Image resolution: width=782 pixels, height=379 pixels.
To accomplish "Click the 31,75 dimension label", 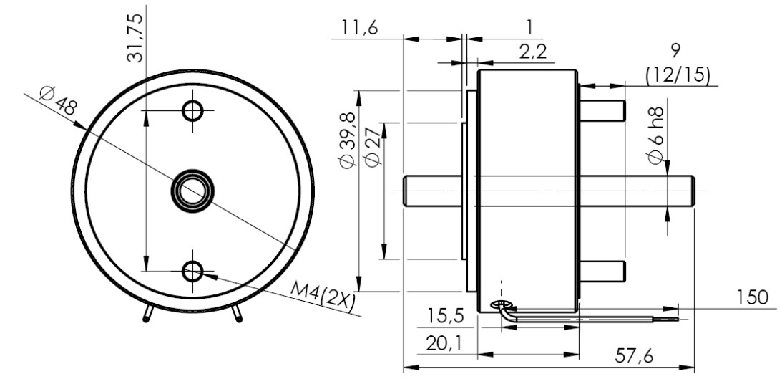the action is tap(135, 37).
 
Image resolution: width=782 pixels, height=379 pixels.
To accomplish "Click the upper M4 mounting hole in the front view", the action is tap(192, 110).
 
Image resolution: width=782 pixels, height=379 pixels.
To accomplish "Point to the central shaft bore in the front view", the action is tap(192, 191).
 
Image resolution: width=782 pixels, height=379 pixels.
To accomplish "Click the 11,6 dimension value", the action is tap(360, 27).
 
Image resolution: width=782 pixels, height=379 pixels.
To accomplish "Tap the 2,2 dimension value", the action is tap(532, 52).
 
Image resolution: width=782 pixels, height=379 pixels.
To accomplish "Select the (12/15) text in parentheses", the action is tap(678, 75).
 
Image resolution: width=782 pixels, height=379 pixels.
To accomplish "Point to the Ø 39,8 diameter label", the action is tap(347, 140).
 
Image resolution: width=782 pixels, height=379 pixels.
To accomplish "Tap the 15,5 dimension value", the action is tap(446, 316).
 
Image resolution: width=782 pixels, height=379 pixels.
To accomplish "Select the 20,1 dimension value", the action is tap(443, 344).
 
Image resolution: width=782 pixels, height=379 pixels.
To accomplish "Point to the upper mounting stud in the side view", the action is tap(602, 111).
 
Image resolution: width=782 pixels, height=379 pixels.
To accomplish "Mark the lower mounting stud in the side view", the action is tap(602, 271).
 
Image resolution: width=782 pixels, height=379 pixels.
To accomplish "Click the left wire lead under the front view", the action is tap(147, 314).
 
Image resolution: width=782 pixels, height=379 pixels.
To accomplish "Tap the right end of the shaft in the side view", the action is tap(694, 191).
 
